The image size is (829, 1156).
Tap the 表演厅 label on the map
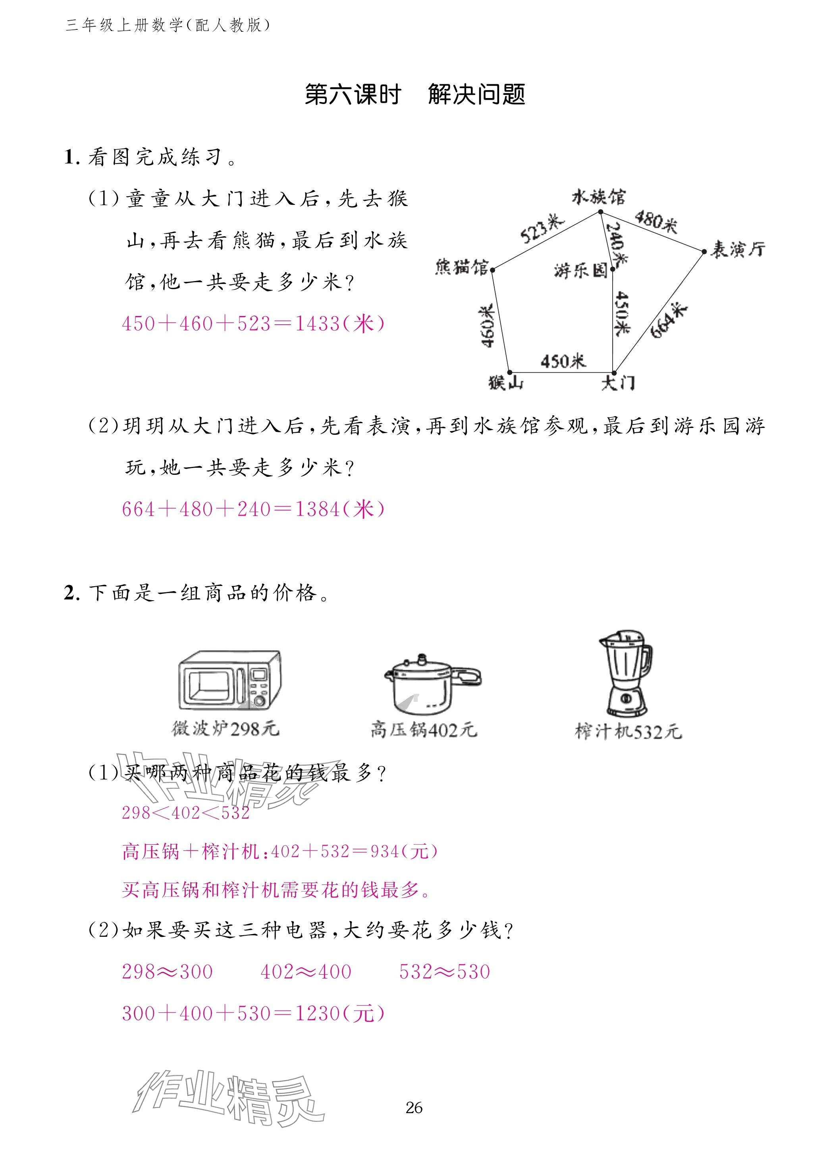click(737, 249)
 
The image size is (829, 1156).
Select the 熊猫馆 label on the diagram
click(461, 267)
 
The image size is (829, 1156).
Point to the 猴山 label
click(505, 382)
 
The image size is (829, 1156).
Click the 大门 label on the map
click(618, 382)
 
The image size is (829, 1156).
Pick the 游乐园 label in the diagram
click(581, 270)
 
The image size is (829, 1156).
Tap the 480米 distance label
click(656, 221)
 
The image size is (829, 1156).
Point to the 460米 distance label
click(486, 326)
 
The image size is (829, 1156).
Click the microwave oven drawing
click(229, 680)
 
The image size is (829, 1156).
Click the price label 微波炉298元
click(225, 729)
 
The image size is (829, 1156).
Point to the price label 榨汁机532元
click(628, 731)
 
